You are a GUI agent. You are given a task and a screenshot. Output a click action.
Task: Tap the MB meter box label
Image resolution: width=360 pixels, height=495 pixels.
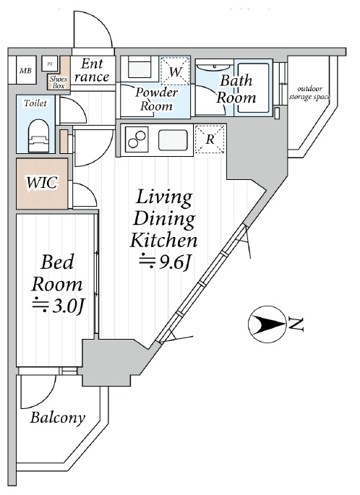pos(25,71)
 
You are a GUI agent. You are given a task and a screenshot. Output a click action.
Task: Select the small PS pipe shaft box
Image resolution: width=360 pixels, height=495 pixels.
pos(50,64)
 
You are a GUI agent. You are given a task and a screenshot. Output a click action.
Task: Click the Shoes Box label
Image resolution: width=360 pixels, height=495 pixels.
pos(59,82)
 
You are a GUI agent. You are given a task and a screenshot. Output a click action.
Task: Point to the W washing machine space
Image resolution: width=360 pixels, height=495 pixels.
pos(175,70)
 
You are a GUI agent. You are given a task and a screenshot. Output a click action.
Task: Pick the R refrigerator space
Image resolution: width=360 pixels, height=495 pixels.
pos(210,139)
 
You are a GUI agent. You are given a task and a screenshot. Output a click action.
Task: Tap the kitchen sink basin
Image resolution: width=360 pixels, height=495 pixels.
pos(173,140)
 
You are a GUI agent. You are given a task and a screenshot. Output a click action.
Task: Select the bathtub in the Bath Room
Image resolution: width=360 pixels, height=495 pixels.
pos(253,87)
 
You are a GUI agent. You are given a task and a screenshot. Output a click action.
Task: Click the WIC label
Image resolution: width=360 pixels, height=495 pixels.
pos(42,183)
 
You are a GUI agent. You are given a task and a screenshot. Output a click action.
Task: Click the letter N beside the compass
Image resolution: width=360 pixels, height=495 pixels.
pos(296,325)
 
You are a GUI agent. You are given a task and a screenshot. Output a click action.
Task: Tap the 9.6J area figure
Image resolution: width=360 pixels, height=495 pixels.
pos(165,262)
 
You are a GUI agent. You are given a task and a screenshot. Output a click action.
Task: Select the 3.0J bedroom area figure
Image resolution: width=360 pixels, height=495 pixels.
pos(58,305)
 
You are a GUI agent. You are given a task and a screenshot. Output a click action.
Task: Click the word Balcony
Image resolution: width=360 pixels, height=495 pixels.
pos(58,418)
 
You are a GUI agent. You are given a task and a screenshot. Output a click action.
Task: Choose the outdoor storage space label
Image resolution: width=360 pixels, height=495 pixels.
pos(309,92)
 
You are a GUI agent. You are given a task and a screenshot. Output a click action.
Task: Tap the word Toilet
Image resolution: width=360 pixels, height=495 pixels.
pos(35,103)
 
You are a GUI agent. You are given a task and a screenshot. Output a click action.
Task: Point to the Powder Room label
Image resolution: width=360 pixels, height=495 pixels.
pos(156,99)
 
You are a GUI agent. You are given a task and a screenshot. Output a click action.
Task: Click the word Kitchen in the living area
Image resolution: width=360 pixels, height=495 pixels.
pos(163,240)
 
